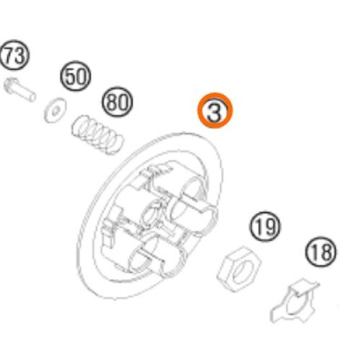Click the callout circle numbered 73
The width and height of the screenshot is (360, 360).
(x=14, y=55)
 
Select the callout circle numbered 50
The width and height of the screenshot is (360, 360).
(x=76, y=76)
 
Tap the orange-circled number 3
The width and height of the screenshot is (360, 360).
(x=215, y=110)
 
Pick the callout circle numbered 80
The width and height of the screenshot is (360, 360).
(x=117, y=102)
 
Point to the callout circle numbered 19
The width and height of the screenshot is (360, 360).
(x=266, y=227)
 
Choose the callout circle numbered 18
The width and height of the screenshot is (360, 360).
(x=321, y=252)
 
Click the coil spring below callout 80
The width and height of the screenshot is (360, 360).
(x=98, y=135)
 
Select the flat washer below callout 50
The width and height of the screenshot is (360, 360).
(x=55, y=110)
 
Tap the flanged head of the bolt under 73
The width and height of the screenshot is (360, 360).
(x=9, y=86)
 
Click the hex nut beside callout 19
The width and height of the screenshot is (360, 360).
(x=239, y=269)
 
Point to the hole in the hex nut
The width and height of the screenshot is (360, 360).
(x=243, y=272)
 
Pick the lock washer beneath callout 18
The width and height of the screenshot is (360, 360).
(x=294, y=300)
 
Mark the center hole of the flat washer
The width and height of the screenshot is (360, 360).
(x=55, y=111)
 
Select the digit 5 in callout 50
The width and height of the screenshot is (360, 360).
(x=71, y=76)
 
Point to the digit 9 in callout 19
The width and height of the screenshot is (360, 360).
(x=270, y=227)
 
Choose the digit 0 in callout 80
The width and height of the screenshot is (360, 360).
(x=122, y=102)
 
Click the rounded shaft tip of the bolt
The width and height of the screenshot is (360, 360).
(x=32, y=97)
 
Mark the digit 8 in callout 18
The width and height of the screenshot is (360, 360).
(x=325, y=252)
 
